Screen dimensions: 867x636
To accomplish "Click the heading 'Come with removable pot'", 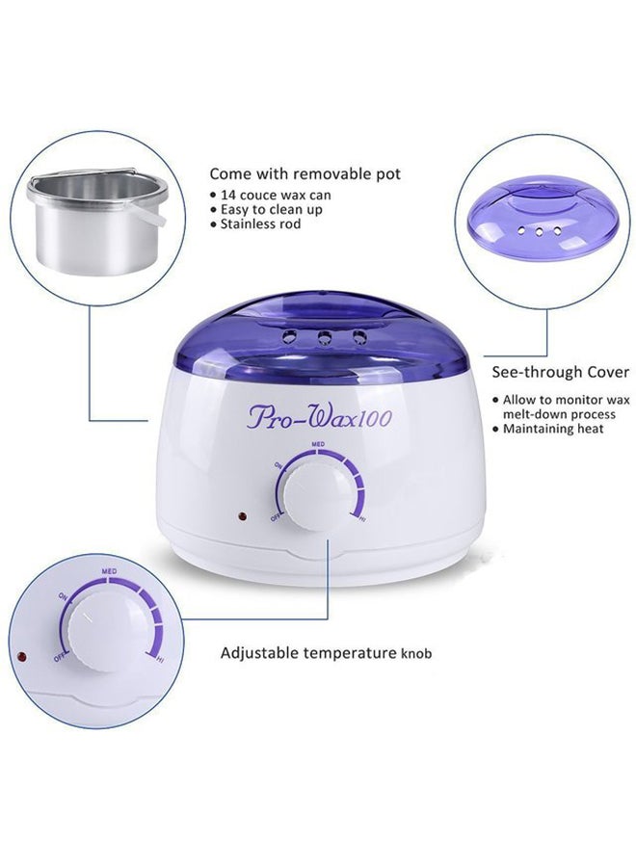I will point(305,174).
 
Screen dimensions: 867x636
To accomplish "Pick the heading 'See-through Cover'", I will point(560,372).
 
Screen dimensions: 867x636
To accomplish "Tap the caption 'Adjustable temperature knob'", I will point(326,653).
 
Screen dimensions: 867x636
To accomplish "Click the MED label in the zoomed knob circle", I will point(109,572).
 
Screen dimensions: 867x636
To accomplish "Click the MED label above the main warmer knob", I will point(317,444).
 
